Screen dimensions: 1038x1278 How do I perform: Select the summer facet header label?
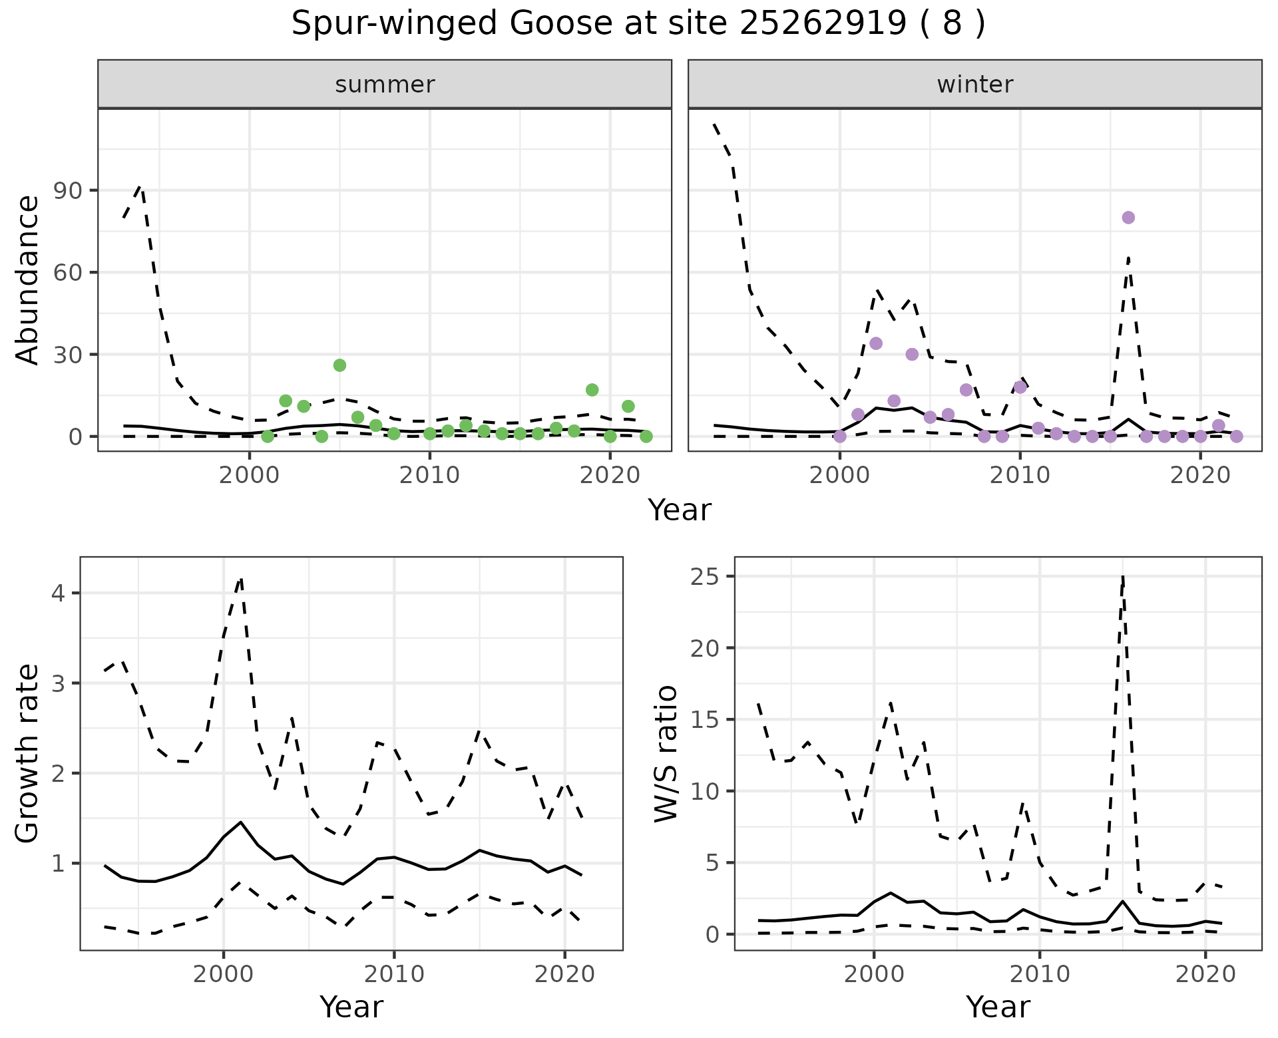pyautogui.click(x=385, y=85)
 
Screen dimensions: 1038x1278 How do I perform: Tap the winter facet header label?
pyautogui.click(x=974, y=85)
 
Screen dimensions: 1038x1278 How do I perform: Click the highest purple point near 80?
pyautogui.click(x=1128, y=218)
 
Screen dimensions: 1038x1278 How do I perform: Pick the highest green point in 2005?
pyautogui.click(x=339, y=365)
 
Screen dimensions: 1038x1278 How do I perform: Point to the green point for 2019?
pyautogui.click(x=592, y=390)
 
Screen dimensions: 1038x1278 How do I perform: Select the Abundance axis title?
pyautogui.click(x=28, y=279)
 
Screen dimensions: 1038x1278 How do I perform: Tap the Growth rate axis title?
pyautogui.click(x=28, y=753)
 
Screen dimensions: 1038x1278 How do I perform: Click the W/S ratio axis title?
pyautogui.click(x=666, y=753)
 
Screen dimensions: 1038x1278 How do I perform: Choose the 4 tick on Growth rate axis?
pyautogui.click(x=59, y=594)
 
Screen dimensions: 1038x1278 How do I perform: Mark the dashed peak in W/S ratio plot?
pyautogui.click(x=1123, y=576)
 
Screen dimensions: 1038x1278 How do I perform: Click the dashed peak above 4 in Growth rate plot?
pyautogui.click(x=241, y=579)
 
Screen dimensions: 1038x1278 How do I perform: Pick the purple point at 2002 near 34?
pyautogui.click(x=876, y=343)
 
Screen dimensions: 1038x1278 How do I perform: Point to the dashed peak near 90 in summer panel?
pyautogui.click(x=140, y=188)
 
